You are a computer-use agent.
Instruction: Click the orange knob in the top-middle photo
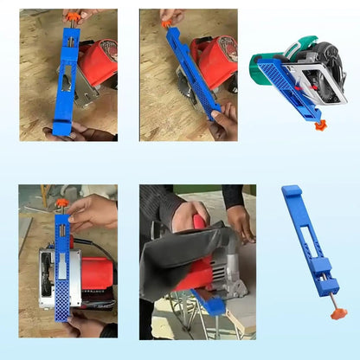coord(165,23)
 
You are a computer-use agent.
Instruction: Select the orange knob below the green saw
coord(319,125)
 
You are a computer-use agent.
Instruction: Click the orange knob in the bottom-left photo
coord(61,202)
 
